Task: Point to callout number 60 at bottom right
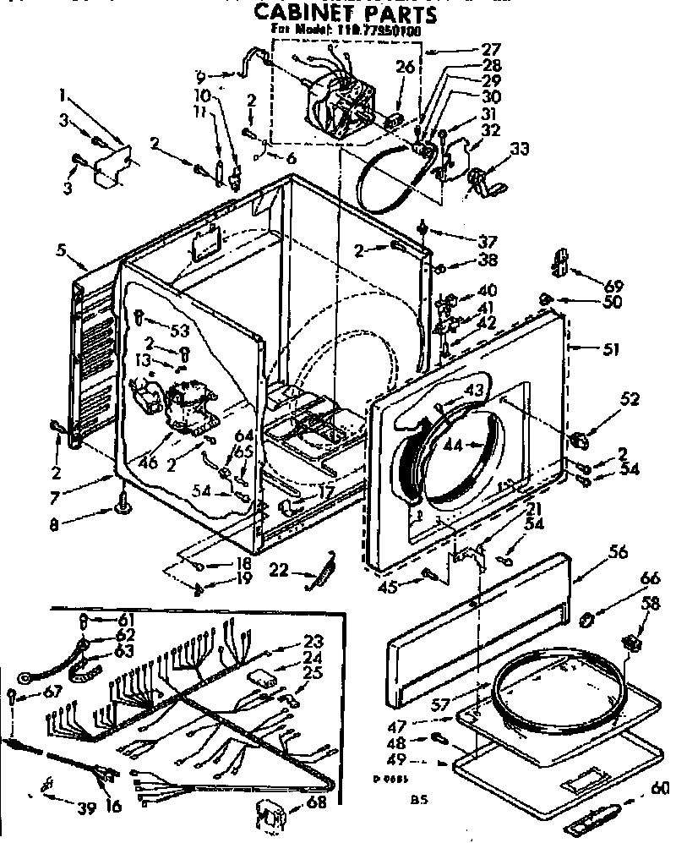(657, 788)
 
